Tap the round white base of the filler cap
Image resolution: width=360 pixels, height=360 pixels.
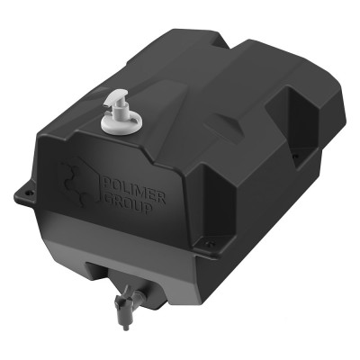point(121,122)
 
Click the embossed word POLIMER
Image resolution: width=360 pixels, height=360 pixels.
point(134,191)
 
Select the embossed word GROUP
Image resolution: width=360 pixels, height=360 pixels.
point(127,204)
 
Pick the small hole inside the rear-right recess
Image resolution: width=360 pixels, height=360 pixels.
point(295,157)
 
